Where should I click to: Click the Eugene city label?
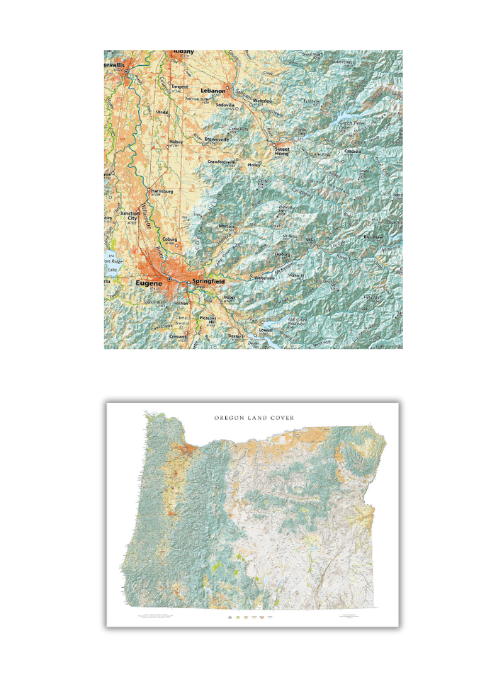(x=149, y=283)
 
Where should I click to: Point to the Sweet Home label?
(x=283, y=150)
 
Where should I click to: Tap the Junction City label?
(x=130, y=216)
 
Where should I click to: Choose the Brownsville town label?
(x=217, y=139)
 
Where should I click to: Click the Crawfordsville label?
(x=221, y=161)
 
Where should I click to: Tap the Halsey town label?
(x=176, y=142)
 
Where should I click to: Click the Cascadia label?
(x=353, y=151)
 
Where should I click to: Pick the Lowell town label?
(x=266, y=330)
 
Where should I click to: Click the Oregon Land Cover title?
(x=259, y=418)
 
